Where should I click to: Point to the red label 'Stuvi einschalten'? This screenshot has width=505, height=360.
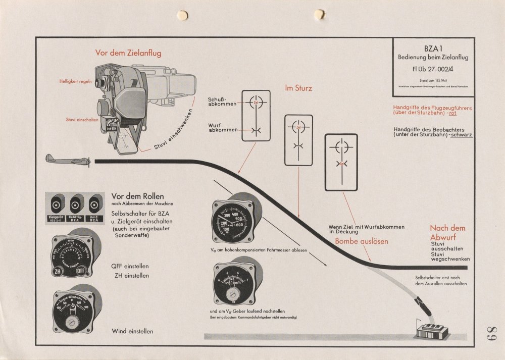tap(82, 120)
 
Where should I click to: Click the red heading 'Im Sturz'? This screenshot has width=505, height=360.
tap(298, 88)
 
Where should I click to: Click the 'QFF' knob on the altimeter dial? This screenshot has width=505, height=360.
tap(81, 271)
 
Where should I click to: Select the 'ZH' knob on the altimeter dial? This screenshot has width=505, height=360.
tap(57, 271)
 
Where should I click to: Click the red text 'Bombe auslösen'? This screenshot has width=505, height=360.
tap(362, 241)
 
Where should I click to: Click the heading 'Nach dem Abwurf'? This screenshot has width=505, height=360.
tap(447, 233)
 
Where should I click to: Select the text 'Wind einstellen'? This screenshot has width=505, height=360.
tap(132, 332)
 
